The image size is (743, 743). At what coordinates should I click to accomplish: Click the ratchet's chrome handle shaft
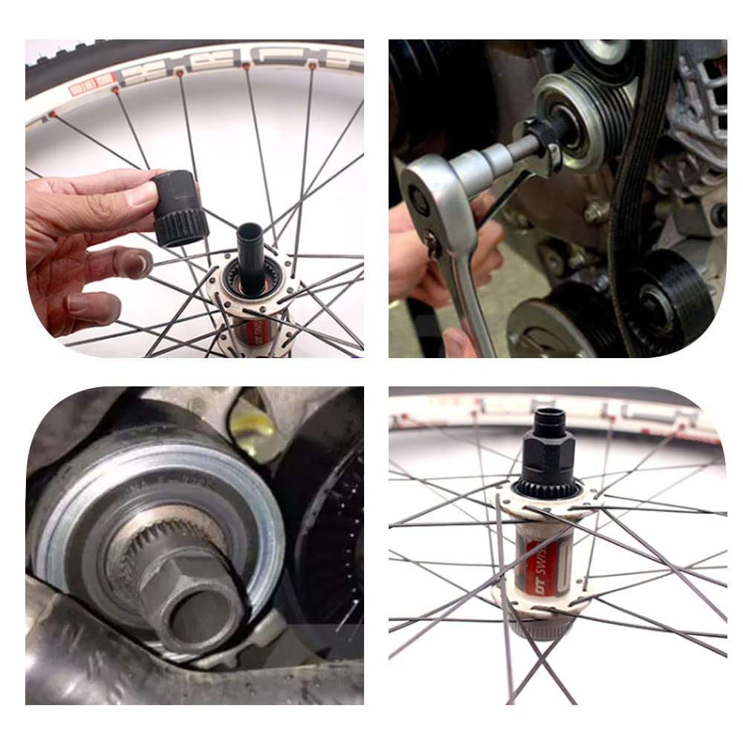click(464, 297)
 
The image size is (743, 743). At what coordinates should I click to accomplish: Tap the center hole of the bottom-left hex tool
click(201, 609)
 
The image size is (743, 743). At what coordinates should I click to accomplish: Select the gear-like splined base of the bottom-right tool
click(546, 487)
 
